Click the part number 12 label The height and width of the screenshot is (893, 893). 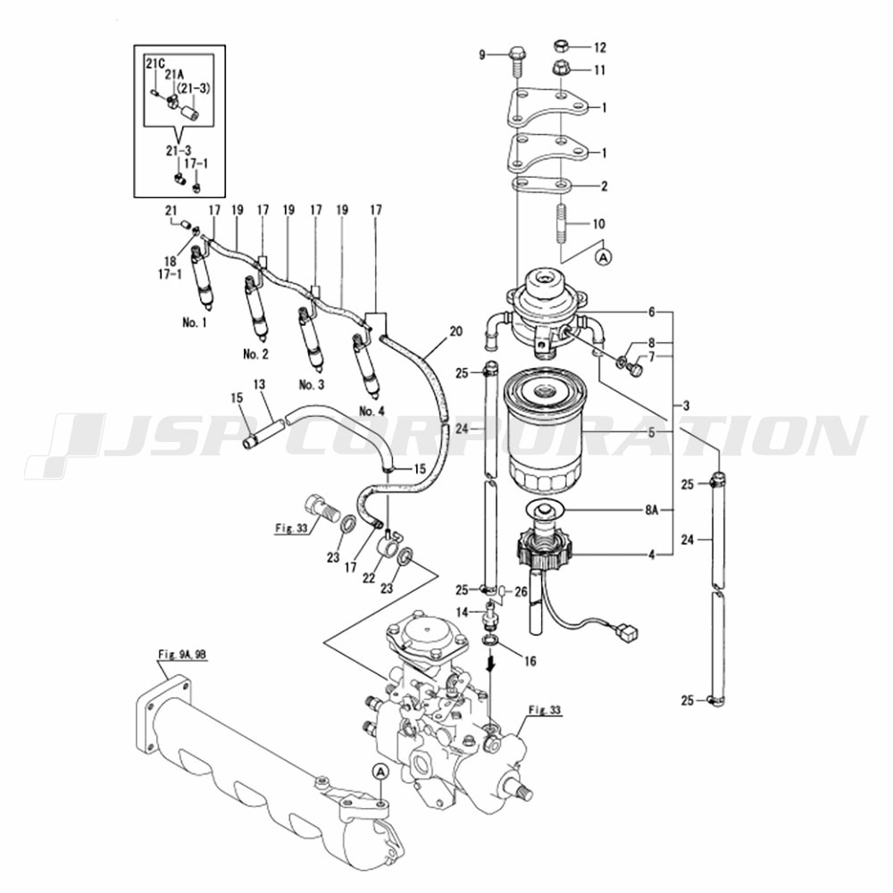tap(600, 46)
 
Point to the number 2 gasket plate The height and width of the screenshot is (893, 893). tap(543, 186)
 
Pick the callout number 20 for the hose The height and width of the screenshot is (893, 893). tap(455, 331)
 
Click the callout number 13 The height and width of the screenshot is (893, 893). tap(259, 384)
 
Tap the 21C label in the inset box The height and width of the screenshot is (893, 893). tap(154, 63)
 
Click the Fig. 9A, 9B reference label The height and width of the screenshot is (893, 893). tap(182, 654)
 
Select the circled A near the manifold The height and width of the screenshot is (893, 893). tap(380, 771)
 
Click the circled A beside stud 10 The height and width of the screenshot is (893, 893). tap(604, 256)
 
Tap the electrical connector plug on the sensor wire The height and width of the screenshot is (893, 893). tap(628, 633)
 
